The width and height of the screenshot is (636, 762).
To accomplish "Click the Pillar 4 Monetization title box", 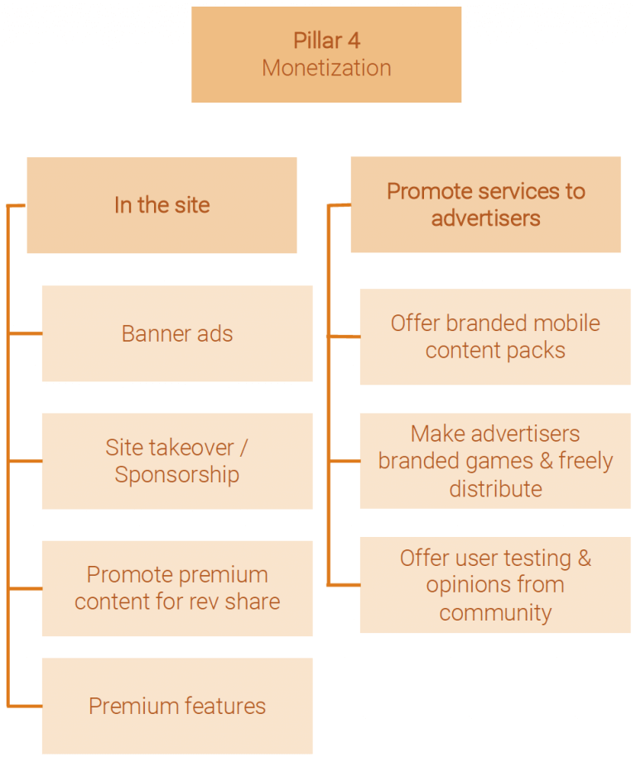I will (325, 55).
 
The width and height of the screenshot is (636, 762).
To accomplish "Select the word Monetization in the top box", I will (326, 68).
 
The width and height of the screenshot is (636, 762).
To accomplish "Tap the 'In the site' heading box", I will (161, 205).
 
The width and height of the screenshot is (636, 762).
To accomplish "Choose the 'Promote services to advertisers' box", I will (485, 204).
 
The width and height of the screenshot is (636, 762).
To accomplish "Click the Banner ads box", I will (177, 333).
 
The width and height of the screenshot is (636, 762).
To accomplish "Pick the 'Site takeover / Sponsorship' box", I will (177, 461).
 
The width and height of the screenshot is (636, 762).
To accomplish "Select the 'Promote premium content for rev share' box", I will (177, 588).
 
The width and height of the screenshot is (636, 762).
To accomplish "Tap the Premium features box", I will (177, 706).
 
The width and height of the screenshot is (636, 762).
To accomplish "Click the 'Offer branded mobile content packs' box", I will (495, 337).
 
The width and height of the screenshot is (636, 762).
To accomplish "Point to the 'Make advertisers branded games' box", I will (495, 461).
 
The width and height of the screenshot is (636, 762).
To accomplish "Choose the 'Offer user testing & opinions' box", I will (495, 585).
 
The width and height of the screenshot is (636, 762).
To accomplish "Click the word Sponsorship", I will (177, 475).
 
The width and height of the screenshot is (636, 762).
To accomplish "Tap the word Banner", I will (154, 333).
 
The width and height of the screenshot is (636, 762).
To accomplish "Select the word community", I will (495, 613).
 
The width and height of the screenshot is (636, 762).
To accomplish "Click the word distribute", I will (495, 489).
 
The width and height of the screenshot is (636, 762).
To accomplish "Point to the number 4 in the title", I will (354, 41).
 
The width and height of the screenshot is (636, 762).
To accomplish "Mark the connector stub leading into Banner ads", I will (25, 334).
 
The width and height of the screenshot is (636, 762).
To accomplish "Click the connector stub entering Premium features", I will (25, 707).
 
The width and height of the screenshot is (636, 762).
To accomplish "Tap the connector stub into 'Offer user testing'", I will (344, 585).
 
